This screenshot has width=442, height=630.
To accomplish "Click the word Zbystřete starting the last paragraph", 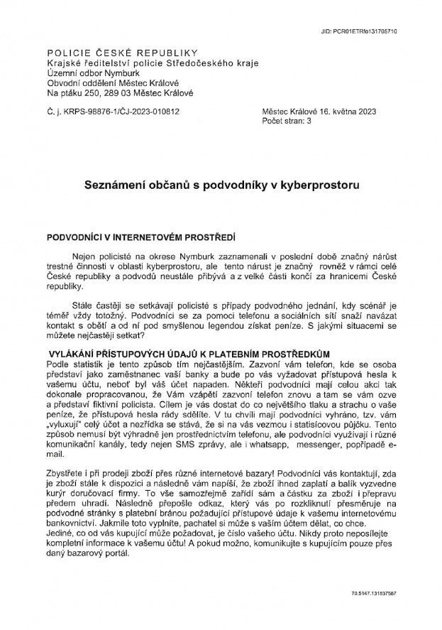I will [x=68, y=453].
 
